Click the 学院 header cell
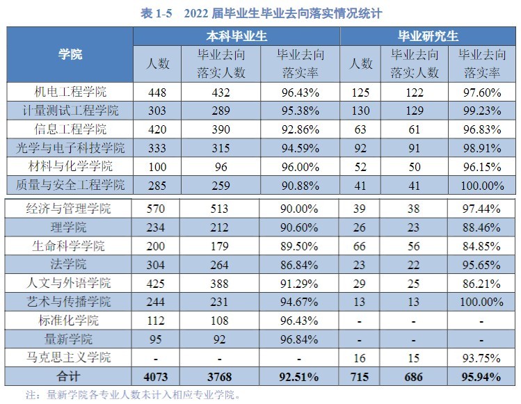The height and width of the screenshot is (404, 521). [70, 54]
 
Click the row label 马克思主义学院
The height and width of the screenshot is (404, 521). [70, 358]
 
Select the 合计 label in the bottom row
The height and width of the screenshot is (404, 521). [70, 377]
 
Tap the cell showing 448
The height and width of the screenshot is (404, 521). [158, 92]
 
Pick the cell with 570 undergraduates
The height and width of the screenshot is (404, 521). [158, 208]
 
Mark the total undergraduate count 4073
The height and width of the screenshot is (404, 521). [158, 377]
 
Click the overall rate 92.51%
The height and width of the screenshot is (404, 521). [298, 377]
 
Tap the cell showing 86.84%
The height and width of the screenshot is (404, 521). [298, 264]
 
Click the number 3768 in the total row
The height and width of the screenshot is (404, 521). [220, 377]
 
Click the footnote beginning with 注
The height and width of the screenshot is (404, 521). [132, 395]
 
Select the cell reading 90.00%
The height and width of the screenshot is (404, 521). [298, 208]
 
